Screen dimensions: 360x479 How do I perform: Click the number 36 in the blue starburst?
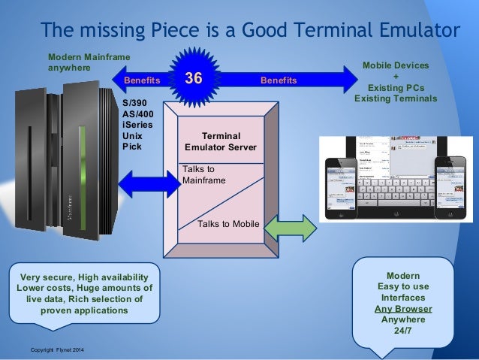click(194, 79)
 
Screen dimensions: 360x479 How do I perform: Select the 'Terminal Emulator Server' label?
click(220, 141)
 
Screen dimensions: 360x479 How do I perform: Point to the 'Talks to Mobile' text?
click(227, 224)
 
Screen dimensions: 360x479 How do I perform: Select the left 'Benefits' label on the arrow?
click(140, 80)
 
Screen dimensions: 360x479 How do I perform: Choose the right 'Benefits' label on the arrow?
click(278, 80)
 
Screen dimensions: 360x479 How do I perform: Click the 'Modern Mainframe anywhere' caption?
click(87, 62)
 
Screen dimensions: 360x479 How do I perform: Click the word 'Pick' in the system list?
click(131, 146)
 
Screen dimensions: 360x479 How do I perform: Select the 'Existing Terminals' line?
click(395, 98)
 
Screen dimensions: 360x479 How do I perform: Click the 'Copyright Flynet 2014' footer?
click(58, 351)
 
